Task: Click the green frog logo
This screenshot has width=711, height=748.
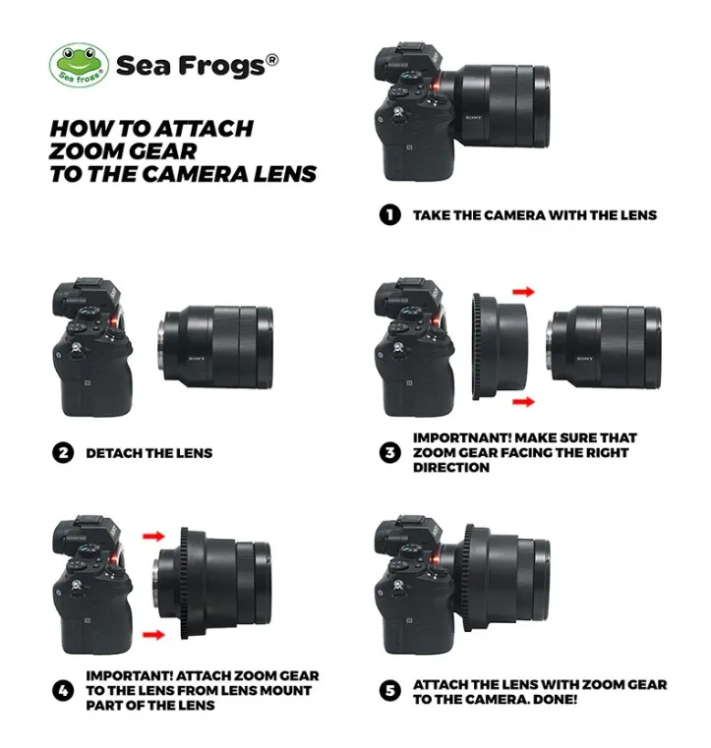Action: click(80, 65)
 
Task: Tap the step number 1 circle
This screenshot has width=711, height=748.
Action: click(389, 214)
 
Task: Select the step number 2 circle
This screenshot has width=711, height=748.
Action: click(63, 453)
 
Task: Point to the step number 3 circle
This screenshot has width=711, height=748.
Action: click(389, 452)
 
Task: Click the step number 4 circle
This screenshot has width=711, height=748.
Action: click(63, 690)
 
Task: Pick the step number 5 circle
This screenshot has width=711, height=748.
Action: click(389, 691)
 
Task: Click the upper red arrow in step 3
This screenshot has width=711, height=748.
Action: click(523, 292)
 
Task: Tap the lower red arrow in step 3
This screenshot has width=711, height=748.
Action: click(523, 402)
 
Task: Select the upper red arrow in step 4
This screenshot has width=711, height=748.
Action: click(153, 537)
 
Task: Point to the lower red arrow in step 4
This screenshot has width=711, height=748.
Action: click(153, 634)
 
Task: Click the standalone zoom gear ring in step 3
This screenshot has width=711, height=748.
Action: click(500, 347)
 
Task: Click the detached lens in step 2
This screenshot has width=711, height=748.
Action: click(215, 347)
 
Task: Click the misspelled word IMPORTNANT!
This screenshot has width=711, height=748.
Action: click(461, 438)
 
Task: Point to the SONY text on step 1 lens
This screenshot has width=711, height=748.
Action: click(473, 117)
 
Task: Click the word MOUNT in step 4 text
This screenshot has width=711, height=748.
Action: click(286, 690)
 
